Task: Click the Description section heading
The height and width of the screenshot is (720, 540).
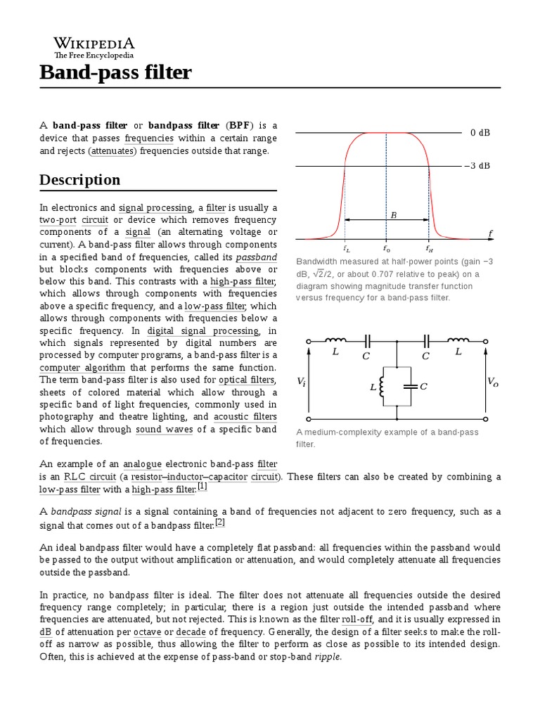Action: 79,180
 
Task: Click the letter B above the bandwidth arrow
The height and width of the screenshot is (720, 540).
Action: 394,214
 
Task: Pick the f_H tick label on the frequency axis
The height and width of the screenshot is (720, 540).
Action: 429,248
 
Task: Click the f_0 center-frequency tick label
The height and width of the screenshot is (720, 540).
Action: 386,248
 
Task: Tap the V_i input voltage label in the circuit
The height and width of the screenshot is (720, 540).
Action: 301,381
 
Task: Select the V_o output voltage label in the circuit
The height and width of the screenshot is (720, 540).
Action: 492,381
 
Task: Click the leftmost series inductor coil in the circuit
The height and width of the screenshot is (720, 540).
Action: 333,340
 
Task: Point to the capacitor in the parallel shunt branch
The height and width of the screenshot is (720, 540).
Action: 409,386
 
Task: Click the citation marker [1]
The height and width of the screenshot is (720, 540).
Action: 202,486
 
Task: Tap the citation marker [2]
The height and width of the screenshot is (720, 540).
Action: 219,522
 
